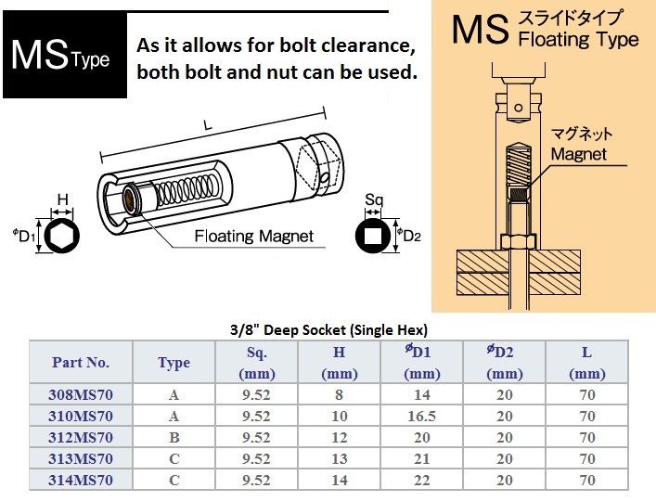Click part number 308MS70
pyautogui.click(x=81, y=394)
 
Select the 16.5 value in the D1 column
pyautogui.click(x=421, y=416)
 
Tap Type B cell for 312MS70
pyautogui.click(x=174, y=437)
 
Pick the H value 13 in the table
pyautogui.click(x=340, y=458)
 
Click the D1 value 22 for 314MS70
pyautogui.click(x=421, y=480)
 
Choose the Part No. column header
pyautogui.click(x=81, y=362)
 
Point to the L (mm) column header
pyautogui.click(x=587, y=362)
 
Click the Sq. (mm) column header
pyautogui.click(x=256, y=362)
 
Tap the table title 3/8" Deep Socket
pyautogui.click(x=328, y=330)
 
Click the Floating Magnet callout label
pyautogui.click(x=254, y=237)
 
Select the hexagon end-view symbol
pyautogui.click(x=62, y=236)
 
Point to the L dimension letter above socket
pyautogui.click(x=208, y=125)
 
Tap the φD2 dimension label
pyautogui.click(x=409, y=236)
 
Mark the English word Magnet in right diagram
pyautogui.click(x=579, y=154)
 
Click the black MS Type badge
pyautogui.click(x=65, y=55)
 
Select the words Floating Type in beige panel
pyautogui.click(x=579, y=40)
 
